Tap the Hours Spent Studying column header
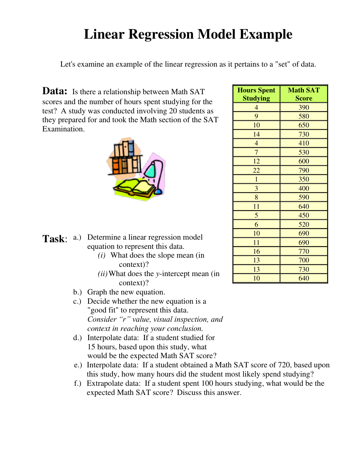256,94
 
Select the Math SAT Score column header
304,94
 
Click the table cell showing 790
304,170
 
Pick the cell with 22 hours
256,170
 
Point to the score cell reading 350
304,179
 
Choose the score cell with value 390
304,107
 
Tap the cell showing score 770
304,251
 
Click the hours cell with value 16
256,251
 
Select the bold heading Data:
55,91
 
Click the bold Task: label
55,239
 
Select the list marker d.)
77,338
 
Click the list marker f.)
77,383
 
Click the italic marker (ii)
103,273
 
